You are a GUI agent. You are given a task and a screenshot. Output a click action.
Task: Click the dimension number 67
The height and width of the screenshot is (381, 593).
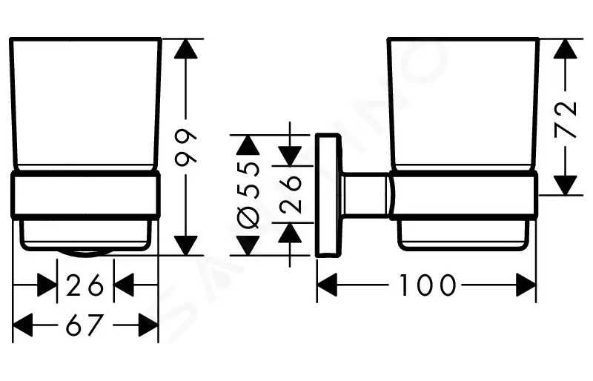coord(85,325)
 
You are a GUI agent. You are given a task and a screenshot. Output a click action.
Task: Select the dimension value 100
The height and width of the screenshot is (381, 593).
coord(428,285)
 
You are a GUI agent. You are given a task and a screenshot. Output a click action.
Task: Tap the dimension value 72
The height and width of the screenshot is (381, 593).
coord(566,119)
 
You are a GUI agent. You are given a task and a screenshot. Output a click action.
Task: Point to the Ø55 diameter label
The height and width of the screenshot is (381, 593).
coord(248,195)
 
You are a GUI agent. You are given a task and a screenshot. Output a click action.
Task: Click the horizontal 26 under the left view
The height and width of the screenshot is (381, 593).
coord(85,285)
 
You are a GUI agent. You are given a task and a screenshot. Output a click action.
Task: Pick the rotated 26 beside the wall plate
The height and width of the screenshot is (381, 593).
coord(291,193)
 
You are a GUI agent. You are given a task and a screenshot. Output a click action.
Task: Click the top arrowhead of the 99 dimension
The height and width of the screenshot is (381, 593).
coord(186,48)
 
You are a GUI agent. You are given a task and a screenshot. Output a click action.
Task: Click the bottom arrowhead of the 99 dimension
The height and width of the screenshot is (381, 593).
coord(186,245)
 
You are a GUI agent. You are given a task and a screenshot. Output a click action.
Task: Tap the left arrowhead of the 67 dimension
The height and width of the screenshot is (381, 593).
coord(23,325)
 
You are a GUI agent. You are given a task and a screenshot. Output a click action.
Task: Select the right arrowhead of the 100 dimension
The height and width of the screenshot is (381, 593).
coord(526,285)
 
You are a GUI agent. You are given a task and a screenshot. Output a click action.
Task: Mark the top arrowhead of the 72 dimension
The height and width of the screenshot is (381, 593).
coord(565,48)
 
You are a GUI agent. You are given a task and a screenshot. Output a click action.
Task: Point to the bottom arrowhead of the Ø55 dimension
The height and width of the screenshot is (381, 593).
coord(248,245)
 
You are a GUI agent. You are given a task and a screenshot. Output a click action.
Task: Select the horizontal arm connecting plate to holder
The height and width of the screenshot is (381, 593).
coord(365,195)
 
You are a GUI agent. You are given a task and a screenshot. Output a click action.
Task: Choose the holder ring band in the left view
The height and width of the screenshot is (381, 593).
coord(85,194)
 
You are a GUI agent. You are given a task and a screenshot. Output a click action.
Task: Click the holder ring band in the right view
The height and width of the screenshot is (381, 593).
coord(463,195)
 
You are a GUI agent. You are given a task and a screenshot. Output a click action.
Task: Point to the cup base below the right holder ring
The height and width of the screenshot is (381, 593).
coord(463,234)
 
